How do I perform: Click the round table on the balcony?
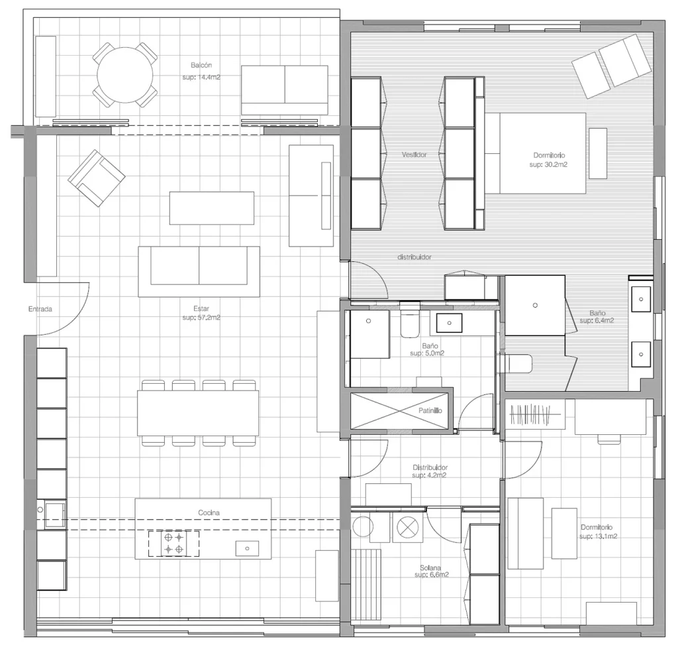[x=125, y=75]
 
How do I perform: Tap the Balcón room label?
[x=201, y=66]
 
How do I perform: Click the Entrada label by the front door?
[x=40, y=309]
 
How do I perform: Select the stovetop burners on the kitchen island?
[x=174, y=544]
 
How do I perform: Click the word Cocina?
[x=209, y=512]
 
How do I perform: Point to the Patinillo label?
[x=430, y=410]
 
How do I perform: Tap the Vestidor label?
[x=414, y=154]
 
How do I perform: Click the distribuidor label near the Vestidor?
[x=414, y=257]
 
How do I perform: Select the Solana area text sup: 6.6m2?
[x=432, y=575]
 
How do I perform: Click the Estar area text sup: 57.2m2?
[x=201, y=318]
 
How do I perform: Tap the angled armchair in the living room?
[x=97, y=178]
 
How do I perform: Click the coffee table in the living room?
[x=211, y=208]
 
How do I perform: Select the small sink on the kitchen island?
[x=248, y=548]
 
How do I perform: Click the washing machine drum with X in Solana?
[x=407, y=528]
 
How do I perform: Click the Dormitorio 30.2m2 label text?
[x=549, y=160]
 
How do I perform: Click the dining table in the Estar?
[x=198, y=413]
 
